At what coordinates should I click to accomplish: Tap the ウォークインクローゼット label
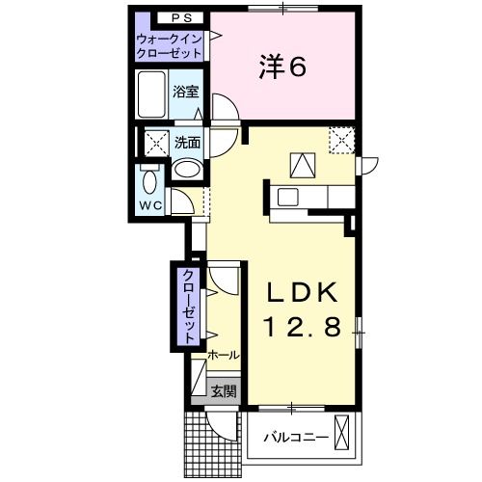coord(170,45)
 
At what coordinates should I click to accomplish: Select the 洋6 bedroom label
coord(282,67)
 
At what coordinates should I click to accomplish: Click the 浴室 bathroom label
coord(186,93)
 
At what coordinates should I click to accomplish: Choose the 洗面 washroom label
coord(189,142)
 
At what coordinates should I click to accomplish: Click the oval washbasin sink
coord(189,170)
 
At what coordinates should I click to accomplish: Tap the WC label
coord(150,206)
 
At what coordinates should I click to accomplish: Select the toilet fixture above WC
coord(149,181)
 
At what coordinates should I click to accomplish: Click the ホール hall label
coord(223,356)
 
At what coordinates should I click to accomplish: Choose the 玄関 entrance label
coord(223,390)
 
